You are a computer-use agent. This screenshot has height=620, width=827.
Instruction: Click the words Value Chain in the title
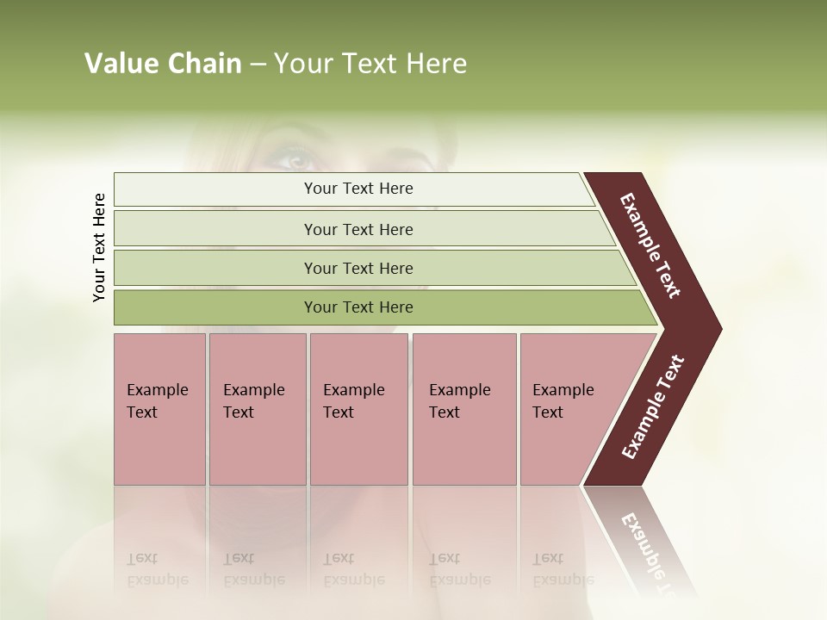(x=163, y=64)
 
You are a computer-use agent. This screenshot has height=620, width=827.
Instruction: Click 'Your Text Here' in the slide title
(x=370, y=64)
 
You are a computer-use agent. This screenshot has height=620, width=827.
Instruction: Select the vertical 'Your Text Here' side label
(x=99, y=247)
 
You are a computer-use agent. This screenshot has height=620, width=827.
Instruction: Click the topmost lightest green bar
(x=215, y=189)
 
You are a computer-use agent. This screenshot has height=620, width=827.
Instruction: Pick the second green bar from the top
(x=215, y=229)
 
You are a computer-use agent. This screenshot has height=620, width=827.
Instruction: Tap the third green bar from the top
(x=215, y=269)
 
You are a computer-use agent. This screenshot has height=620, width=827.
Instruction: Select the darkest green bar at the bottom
(x=215, y=307)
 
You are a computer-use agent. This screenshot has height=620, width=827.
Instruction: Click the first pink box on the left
(x=159, y=448)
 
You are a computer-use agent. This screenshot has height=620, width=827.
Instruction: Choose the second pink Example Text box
(x=257, y=448)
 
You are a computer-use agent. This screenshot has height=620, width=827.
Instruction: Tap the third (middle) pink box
(x=358, y=448)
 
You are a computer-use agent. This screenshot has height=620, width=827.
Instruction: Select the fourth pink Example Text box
(x=463, y=448)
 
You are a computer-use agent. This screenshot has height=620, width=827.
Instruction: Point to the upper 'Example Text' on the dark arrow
(x=650, y=245)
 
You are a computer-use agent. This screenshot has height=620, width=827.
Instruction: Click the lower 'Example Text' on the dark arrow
(x=653, y=406)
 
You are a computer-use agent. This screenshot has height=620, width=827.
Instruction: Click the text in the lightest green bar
(x=358, y=189)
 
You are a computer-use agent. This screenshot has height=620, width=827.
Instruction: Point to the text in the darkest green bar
(x=358, y=307)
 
